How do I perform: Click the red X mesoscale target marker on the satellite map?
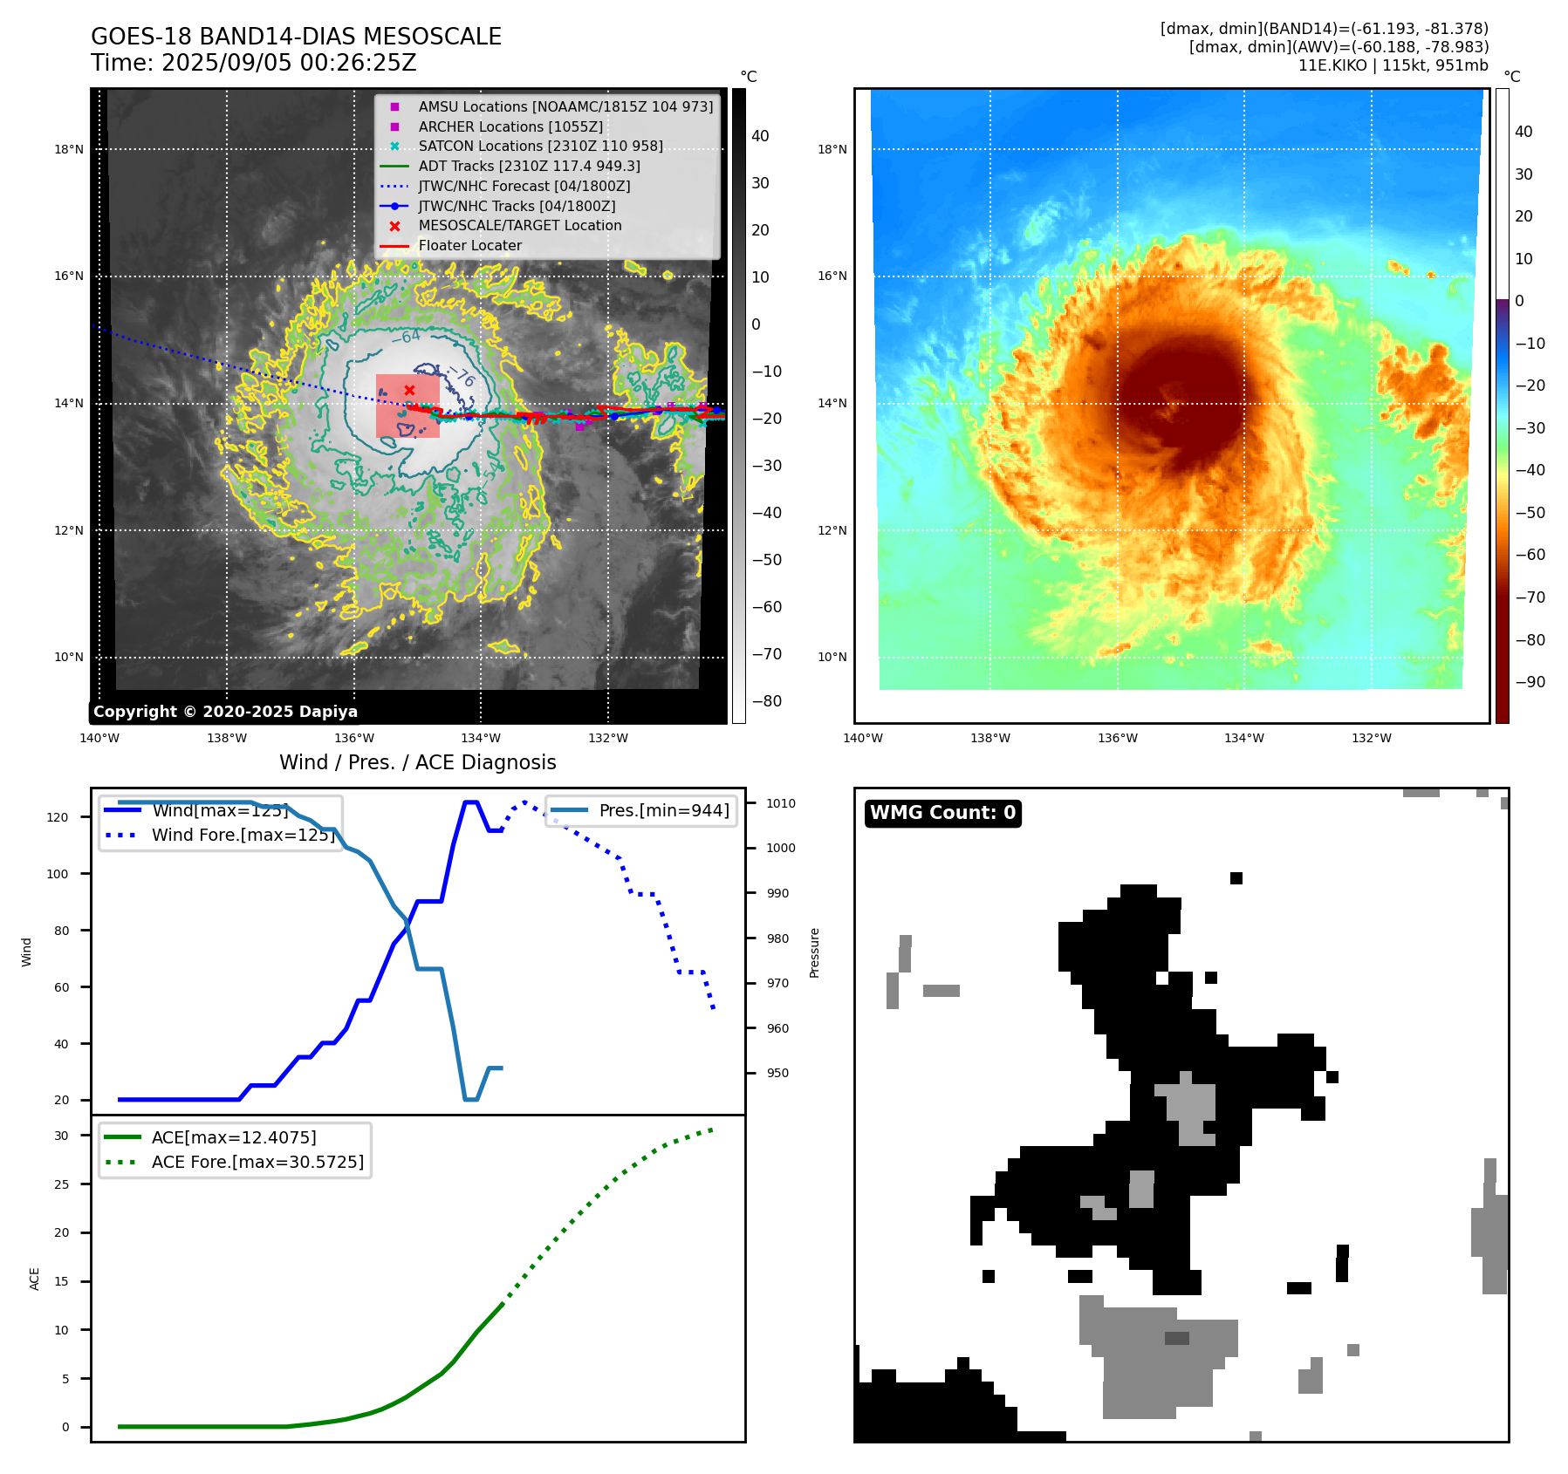click(x=409, y=390)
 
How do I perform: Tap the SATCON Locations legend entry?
click(x=540, y=146)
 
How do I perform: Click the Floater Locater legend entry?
click(x=469, y=245)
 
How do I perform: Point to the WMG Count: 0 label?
click(x=942, y=813)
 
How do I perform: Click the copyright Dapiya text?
click(x=225, y=712)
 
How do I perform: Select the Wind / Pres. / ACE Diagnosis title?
click(x=417, y=762)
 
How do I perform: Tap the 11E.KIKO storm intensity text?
click(x=1393, y=65)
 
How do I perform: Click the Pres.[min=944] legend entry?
click(x=663, y=810)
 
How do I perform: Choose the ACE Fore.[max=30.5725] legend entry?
click(x=257, y=1162)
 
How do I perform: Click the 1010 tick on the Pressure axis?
click(x=781, y=803)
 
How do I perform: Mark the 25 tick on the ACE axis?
click(x=61, y=1184)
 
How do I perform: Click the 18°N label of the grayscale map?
click(x=69, y=149)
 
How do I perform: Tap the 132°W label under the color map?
click(x=1371, y=738)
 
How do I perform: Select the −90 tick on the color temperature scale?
click(x=1530, y=682)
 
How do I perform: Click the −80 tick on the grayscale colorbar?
click(x=767, y=701)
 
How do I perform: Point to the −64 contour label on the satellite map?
click(x=406, y=337)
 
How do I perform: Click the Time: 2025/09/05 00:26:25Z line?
click(x=254, y=63)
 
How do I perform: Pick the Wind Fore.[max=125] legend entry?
click(x=243, y=835)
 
